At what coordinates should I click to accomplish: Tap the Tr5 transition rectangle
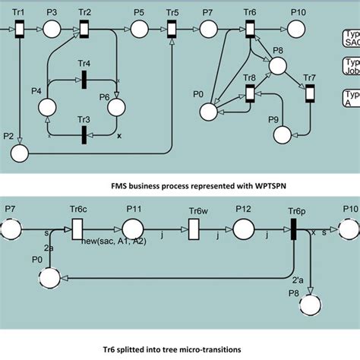click(172, 30)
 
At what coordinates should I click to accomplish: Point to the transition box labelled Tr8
click(250, 93)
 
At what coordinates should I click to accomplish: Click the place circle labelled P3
click(52, 30)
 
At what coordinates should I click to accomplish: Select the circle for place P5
click(139, 30)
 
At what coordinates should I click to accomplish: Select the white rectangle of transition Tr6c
click(77, 228)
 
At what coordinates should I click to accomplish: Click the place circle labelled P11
click(134, 228)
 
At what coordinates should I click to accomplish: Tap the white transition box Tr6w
click(194, 228)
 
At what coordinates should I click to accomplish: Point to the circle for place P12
click(243, 228)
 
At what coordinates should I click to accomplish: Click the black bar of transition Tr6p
click(294, 228)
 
